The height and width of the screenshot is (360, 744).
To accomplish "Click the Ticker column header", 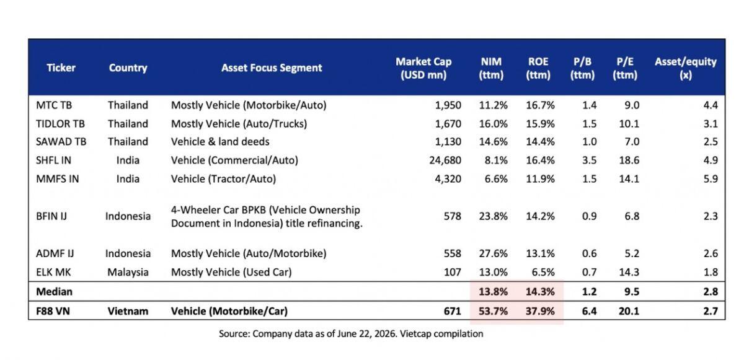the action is point(61,68).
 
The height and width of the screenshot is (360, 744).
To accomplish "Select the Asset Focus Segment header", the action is point(272,68).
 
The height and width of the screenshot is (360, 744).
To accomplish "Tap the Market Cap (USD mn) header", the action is point(423,68).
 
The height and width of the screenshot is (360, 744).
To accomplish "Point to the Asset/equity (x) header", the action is point(686,68).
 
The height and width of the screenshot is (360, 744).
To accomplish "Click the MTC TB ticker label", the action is point(54,105).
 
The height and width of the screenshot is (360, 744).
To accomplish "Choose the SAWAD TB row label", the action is point(61,142).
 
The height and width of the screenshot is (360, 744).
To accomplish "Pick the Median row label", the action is point(54,292).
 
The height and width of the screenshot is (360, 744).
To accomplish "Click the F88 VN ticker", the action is point(53,311).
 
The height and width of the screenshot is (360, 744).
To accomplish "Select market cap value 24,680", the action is point(445,160).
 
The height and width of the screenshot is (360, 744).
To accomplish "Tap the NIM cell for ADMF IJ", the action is point(494,253).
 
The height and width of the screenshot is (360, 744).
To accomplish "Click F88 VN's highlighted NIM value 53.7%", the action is point(494,311).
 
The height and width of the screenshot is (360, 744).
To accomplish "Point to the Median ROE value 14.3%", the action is point(540,292).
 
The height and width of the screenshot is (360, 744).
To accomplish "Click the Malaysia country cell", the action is point(128,273).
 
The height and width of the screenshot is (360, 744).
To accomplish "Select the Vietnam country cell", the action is point(128,311).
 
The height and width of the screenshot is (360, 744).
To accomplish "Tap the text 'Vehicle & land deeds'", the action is point(220,142).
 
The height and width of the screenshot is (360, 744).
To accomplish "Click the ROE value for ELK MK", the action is point(543,273).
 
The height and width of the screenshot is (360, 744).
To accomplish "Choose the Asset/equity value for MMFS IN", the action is point(711,179).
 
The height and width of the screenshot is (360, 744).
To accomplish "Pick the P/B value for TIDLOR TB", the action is point(589,124).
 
